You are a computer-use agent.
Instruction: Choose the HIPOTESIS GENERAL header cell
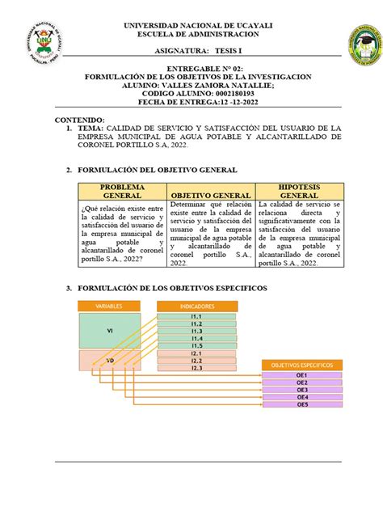tap(298, 191)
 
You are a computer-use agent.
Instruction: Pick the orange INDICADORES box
tap(196, 306)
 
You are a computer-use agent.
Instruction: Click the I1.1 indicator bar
tap(196, 316)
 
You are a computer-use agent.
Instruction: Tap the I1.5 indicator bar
tap(196, 345)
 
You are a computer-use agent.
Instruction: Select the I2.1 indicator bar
tap(196, 353)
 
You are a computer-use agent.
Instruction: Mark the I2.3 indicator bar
tap(196, 369)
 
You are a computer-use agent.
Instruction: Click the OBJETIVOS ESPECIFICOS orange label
tap(301, 366)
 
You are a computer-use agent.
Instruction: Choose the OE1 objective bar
tap(301, 376)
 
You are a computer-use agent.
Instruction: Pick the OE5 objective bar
tap(301, 404)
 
